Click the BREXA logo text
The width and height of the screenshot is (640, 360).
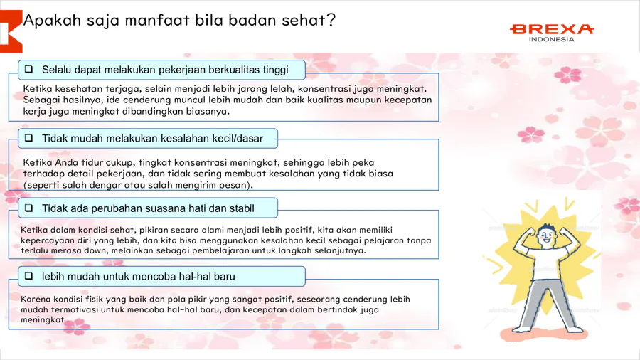pos(552,29)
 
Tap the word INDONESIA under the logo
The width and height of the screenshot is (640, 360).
pos(551,39)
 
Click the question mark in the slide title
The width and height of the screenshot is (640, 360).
pos(331,20)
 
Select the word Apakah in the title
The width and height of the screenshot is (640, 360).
pos(52,20)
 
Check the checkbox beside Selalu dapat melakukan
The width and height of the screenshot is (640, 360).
pos(28,70)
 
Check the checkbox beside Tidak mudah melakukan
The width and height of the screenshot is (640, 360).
pos(28,138)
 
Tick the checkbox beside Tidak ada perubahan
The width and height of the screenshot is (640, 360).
pos(28,208)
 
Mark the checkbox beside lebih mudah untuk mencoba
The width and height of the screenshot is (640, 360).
pos(28,276)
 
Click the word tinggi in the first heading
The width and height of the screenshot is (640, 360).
pos(275,70)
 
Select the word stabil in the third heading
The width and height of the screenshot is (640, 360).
pos(242,208)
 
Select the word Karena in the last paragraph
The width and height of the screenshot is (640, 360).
pos(36,300)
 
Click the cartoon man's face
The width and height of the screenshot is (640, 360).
pos(547,236)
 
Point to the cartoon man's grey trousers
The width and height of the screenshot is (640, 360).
pos(547,303)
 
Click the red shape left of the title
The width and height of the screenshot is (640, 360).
pos(10,31)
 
